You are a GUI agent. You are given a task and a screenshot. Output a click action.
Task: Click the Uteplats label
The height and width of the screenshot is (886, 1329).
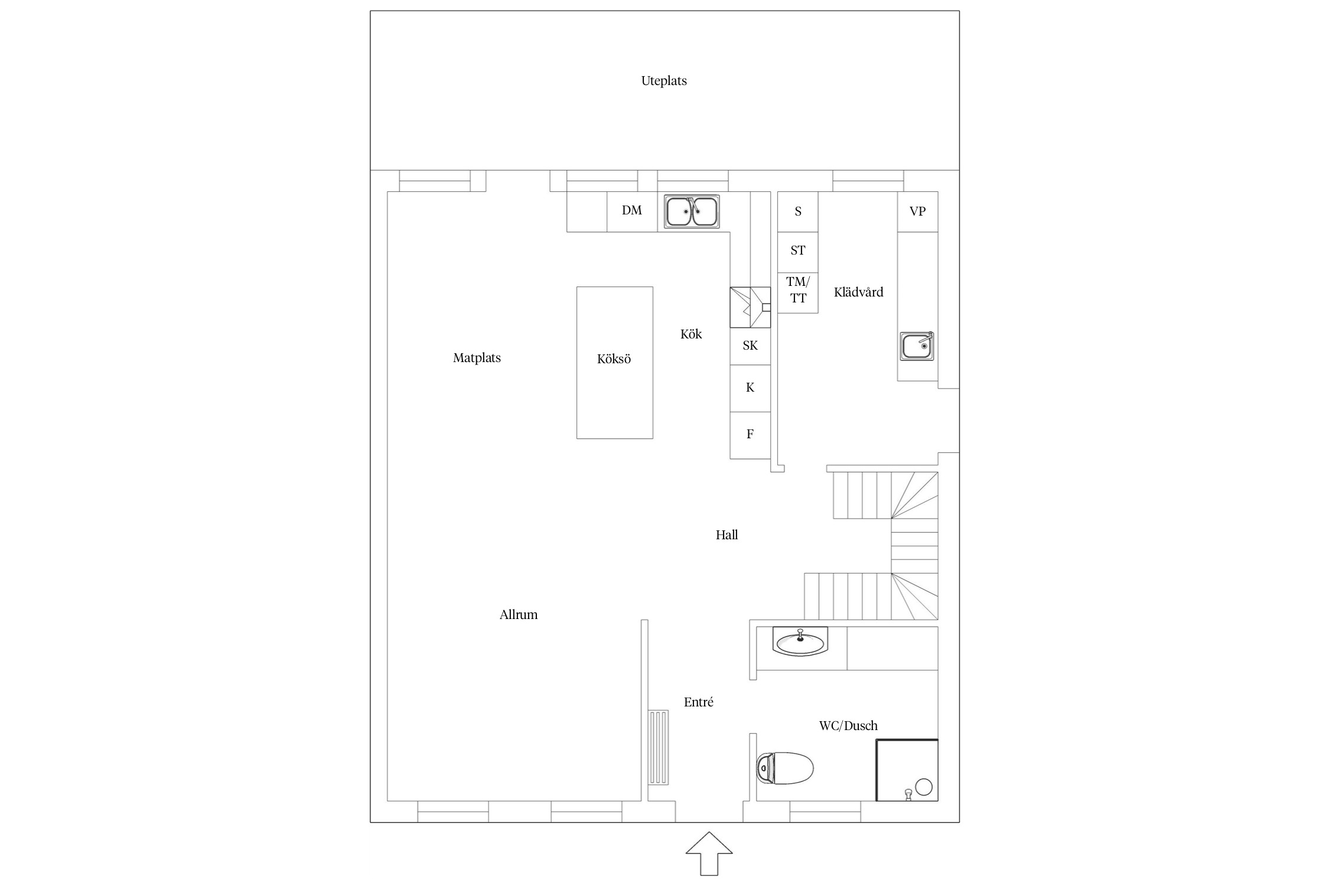pos(664,81)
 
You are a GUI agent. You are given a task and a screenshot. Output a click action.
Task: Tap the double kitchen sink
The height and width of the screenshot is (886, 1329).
pos(692,211)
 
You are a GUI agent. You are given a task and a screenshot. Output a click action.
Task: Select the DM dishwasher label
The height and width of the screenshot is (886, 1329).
pos(631,210)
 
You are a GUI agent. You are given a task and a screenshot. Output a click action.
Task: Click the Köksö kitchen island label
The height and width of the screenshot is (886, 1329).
pos(614,359)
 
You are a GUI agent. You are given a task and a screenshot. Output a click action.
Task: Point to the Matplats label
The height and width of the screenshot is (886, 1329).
pos(477,358)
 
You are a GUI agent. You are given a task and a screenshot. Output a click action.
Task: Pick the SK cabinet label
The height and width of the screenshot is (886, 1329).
pos(750,346)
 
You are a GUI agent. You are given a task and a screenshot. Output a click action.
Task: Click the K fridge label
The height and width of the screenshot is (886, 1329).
pos(750,387)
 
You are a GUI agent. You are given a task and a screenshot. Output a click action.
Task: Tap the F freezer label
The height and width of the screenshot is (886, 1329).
pos(750,434)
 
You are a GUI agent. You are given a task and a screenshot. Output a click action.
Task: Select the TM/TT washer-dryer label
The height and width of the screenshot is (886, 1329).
pos(798,290)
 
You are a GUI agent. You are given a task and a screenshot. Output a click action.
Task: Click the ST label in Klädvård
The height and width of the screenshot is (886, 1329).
pos(798,250)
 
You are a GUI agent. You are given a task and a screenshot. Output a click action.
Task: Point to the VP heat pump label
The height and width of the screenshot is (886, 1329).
pos(917,211)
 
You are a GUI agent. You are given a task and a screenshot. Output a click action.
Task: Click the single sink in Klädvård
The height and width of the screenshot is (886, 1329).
pos(917,346)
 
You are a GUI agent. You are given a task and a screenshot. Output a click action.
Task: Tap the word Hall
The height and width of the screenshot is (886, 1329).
pos(727,535)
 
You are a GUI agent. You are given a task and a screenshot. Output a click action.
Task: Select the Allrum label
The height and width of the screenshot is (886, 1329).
pos(519,615)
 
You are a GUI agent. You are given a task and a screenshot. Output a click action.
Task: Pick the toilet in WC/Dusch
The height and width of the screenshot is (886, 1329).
pos(785,768)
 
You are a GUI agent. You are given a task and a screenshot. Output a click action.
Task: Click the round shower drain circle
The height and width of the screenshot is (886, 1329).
pos(924,787)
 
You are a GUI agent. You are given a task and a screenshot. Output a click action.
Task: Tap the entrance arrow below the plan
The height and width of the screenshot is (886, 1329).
pos(709,854)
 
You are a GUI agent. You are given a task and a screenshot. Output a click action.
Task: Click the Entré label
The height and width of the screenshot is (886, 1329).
pos(698,702)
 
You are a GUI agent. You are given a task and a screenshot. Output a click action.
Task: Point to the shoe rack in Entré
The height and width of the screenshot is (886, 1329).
pos(659,747)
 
